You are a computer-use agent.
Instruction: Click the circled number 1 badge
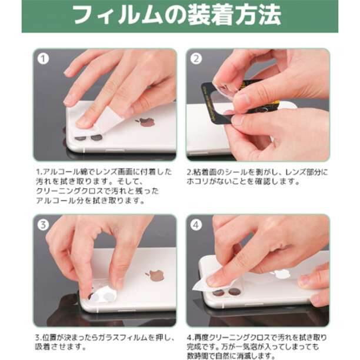[43, 59]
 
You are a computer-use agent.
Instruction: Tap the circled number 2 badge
[196, 59]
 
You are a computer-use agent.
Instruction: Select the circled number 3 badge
[43, 225]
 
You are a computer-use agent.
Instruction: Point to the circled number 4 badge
[196, 225]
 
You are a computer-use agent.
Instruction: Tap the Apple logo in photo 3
[155, 276]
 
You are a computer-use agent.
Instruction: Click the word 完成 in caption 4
[194, 346]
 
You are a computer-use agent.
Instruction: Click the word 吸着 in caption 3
[42, 346]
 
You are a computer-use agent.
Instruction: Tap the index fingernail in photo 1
[83, 122]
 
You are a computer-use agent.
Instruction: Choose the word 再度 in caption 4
[202, 338]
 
